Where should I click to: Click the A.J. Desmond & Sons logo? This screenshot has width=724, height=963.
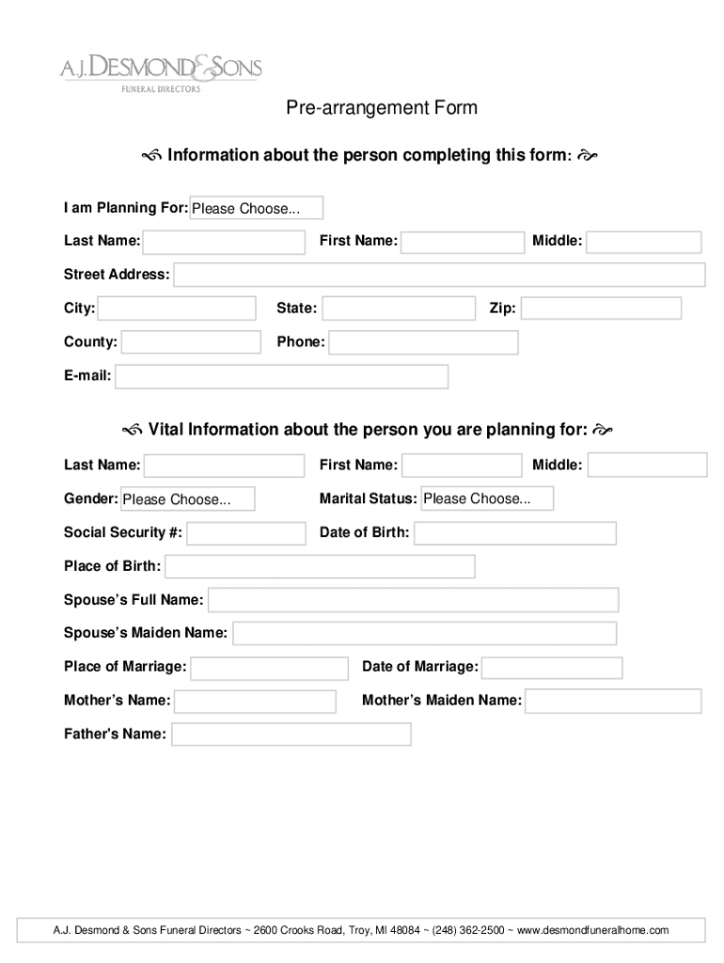tap(161, 71)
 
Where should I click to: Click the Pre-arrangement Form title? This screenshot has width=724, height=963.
tap(382, 108)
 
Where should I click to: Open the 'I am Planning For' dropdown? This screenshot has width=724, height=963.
tap(257, 208)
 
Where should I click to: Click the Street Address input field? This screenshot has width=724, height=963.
tap(439, 275)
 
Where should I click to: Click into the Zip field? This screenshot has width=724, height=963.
tap(601, 308)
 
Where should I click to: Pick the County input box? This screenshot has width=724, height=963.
tap(191, 342)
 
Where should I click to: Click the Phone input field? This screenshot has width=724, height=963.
tap(423, 342)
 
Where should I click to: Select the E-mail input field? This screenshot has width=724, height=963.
tap(281, 376)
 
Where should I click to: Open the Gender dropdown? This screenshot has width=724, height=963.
tap(187, 498)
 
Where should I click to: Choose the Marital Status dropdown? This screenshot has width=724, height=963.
tap(487, 498)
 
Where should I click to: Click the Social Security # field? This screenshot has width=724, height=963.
tap(246, 533)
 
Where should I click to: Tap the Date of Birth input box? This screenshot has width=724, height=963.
tap(515, 533)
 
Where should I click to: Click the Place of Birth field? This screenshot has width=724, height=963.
tap(320, 566)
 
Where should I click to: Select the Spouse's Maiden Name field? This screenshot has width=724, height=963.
tap(425, 633)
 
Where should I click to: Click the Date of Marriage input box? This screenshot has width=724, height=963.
tap(553, 668)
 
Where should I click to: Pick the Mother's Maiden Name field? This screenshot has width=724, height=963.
tap(613, 701)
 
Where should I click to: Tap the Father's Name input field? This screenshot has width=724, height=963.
tap(291, 734)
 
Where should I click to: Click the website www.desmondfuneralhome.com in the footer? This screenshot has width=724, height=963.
tap(592, 930)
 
